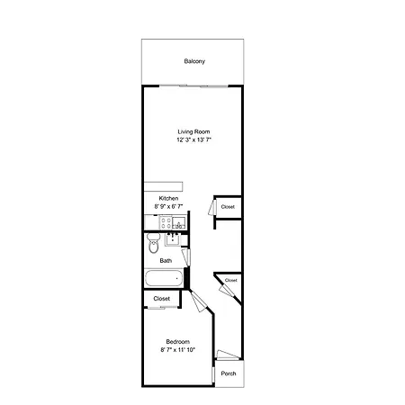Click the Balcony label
(x=194, y=61)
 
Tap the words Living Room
(x=193, y=131)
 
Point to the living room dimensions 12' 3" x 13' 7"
(x=194, y=139)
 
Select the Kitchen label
(x=168, y=198)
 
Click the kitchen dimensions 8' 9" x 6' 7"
(x=168, y=206)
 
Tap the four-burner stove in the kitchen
(x=166, y=223)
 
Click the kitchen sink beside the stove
(x=179, y=223)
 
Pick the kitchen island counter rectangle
(x=164, y=186)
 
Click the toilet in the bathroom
(x=154, y=243)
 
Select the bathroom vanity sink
(x=173, y=239)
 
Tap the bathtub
(x=164, y=278)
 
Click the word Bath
(x=166, y=261)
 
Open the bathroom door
(x=186, y=257)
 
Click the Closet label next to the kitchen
(x=228, y=207)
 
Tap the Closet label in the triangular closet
(x=231, y=280)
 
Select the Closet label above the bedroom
(x=162, y=299)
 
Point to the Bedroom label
(x=178, y=342)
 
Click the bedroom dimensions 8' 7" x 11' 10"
(x=178, y=350)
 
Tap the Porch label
(x=229, y=373)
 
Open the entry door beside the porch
(x=228, y=355)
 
